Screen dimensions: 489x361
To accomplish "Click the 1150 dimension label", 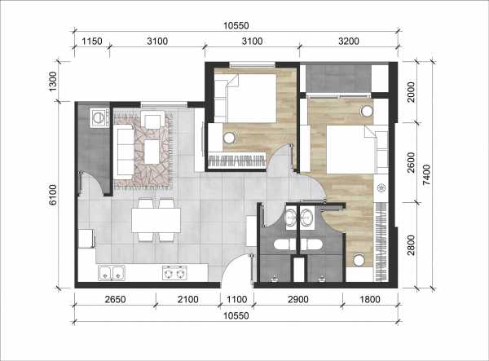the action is tap(92, 41).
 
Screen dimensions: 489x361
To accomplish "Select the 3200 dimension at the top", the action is tap(349, 41).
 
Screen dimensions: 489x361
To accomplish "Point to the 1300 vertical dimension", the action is tap(53, 81).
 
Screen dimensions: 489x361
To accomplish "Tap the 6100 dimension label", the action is tap(53, 195).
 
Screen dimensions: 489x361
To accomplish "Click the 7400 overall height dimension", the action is tap(426, 175).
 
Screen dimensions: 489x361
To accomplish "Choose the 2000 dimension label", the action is tap(412, 92).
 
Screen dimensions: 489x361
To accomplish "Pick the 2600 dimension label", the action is tap(412, 162).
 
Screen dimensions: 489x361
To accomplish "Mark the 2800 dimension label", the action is tap(412, 245).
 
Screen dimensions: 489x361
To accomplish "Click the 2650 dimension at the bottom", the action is tap(116, 300).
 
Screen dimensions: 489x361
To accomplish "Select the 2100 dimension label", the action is tap(188, 300).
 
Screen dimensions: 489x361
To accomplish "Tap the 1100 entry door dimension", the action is tap(236, 300).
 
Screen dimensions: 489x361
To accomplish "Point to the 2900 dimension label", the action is tap(298, 300).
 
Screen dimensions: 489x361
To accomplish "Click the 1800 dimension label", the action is tap(370, 300).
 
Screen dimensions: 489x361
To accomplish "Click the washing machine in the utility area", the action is tap(99, 117).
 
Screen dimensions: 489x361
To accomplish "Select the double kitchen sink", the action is tap(112, 273).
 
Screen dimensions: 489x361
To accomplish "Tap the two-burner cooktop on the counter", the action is tap(174, 273).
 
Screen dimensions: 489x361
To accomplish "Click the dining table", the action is tap(156, 220).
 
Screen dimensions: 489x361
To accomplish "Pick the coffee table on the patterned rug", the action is tap(152, 152).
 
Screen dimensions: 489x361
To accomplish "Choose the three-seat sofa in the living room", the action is tap(125, 152).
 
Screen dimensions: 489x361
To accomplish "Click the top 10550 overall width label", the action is tap(236, 25).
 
